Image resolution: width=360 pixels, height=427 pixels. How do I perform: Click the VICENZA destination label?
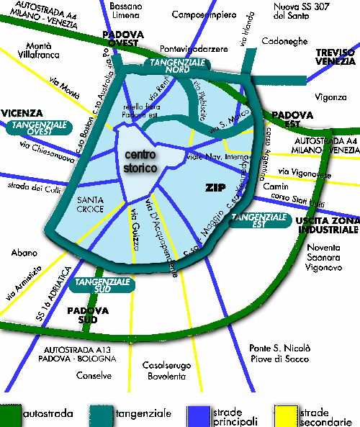22,113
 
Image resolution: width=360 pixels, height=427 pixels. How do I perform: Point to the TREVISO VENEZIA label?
336,57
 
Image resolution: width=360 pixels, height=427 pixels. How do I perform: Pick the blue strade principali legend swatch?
198,414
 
